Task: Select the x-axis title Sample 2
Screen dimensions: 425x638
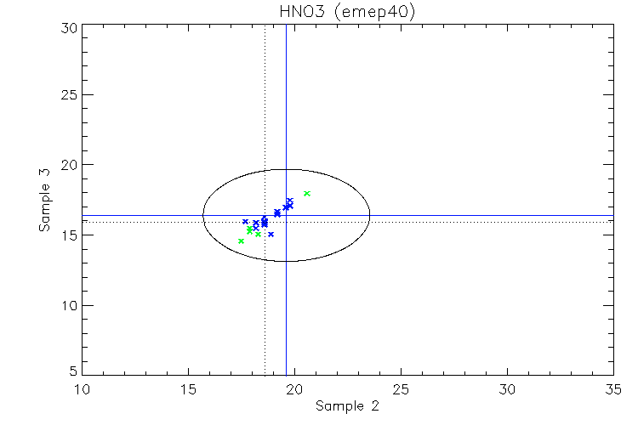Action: tap(347, 406)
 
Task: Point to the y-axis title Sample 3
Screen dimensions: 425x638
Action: tap(44, 201)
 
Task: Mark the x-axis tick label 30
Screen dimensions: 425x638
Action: tap(508, 389)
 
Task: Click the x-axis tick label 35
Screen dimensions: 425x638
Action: tap(613, 389)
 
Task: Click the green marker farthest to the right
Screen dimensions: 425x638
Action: tap(307, 194)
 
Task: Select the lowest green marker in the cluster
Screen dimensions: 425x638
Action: tap(242, 241)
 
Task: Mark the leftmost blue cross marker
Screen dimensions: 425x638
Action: tap(245, 222)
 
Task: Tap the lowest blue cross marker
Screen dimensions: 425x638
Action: tap(271, 235)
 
